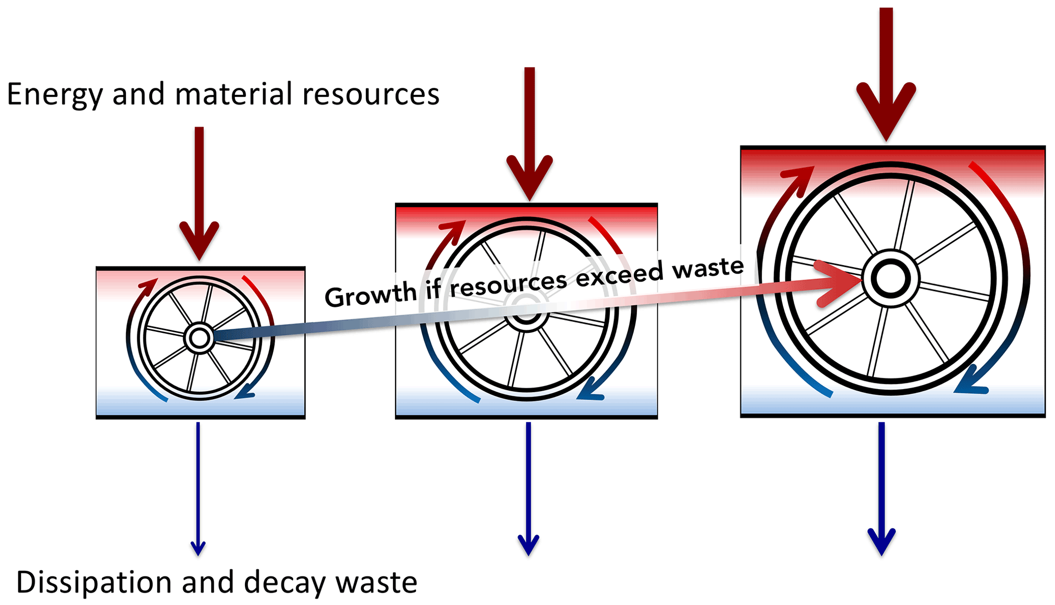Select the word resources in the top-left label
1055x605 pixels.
[x=371, y=95]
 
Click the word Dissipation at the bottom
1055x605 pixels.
[x=94, y=583]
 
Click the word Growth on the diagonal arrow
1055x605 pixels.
[x=371, y=295]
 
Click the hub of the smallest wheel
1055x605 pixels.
[x=199, y=338]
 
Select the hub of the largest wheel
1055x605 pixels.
[x=891, y=279]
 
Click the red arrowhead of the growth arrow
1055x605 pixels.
[x=837, y=283]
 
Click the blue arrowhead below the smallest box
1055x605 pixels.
[x=198, y=547]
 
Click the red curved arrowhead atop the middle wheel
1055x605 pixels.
[x=455, y=228]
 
